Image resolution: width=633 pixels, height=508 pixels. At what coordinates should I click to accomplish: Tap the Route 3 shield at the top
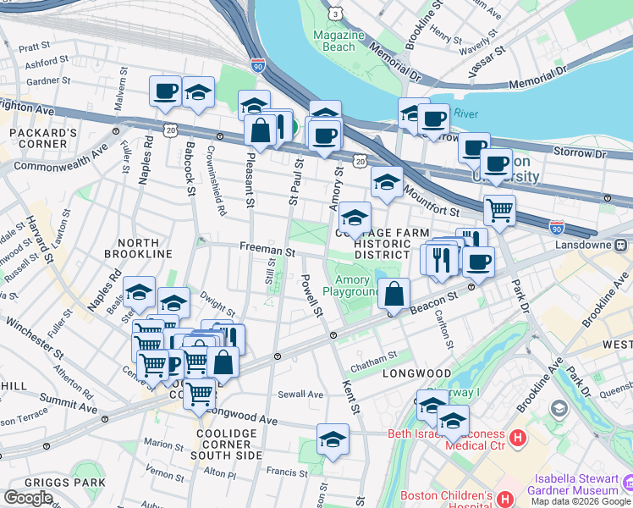click(x=336, y=14)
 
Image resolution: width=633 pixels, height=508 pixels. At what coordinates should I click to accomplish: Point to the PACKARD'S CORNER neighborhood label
click(x=44, y=141)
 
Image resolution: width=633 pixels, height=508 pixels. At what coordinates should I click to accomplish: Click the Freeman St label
click(x=267, y=251)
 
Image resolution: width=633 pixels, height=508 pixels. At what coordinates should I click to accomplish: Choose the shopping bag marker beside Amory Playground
click(x=394, y=295)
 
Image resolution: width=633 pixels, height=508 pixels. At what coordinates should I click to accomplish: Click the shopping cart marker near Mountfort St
click(x=500, y=208)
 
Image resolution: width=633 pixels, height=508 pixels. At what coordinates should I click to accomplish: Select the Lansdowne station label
click(x=600, y=245)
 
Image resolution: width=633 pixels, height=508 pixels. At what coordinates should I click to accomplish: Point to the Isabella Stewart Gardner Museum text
click(x=574, y=483)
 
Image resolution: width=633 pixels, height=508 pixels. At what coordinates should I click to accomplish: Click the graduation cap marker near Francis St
click(x=333, y=439)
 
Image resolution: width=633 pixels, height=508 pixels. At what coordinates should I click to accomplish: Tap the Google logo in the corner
click(x=28, y=498)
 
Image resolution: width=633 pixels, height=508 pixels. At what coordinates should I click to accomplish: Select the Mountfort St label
click(x=431, y=202)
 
